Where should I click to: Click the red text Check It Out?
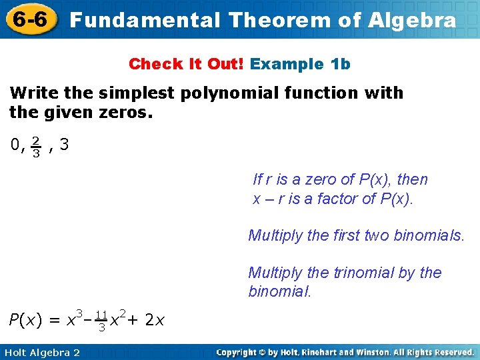187,64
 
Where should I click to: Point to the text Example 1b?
300,64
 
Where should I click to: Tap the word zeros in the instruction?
131,112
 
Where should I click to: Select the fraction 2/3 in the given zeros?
36,147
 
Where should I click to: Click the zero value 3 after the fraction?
64,145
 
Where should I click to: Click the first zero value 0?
14,145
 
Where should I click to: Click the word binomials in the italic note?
430,235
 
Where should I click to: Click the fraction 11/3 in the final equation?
101,321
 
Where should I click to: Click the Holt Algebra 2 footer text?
41,352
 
